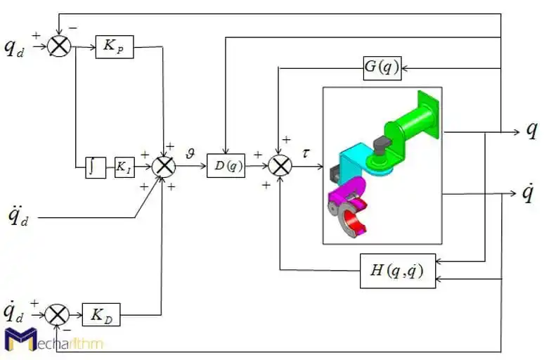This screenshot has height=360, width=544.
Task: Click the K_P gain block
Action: point(114,48)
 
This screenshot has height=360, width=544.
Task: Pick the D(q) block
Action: point(226,166)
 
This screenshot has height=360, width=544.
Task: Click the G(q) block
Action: point(382,68)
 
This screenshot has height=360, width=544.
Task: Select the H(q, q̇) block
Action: point(397,271)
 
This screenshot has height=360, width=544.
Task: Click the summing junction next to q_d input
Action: point(60,48)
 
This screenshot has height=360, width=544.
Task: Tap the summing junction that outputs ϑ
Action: point(164,166)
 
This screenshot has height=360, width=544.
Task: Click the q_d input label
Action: point(15,48)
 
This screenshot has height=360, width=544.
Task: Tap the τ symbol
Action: point(307,150)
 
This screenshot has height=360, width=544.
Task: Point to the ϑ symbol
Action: point(190,150)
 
